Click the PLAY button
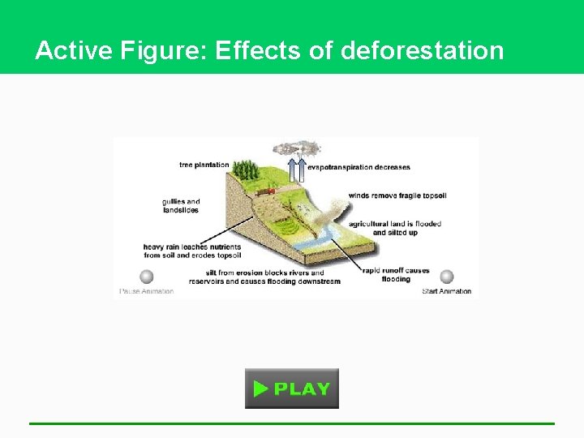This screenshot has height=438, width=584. coord(292,389)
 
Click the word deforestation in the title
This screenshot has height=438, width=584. coord(423,51)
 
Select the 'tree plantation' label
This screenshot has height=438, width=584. coord(204,165)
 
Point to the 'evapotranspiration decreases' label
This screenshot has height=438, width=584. coord(359,167)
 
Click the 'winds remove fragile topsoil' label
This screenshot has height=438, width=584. coord(397,195)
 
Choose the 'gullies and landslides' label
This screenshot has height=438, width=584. coord(181,206)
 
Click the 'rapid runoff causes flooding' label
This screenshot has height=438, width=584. coord(396,275)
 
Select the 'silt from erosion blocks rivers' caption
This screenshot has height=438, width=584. coord(264,277)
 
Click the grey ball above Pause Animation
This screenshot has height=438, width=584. coord(147,277)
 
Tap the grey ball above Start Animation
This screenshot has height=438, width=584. coord(446,277)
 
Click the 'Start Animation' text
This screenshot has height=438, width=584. coord(446,291)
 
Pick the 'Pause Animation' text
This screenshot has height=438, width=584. coord(147,291)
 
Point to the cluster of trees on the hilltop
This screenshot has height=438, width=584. coord(245,171)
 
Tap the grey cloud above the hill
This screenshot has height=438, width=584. coord(296,148)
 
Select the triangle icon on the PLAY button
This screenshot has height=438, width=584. coord(260,389)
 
